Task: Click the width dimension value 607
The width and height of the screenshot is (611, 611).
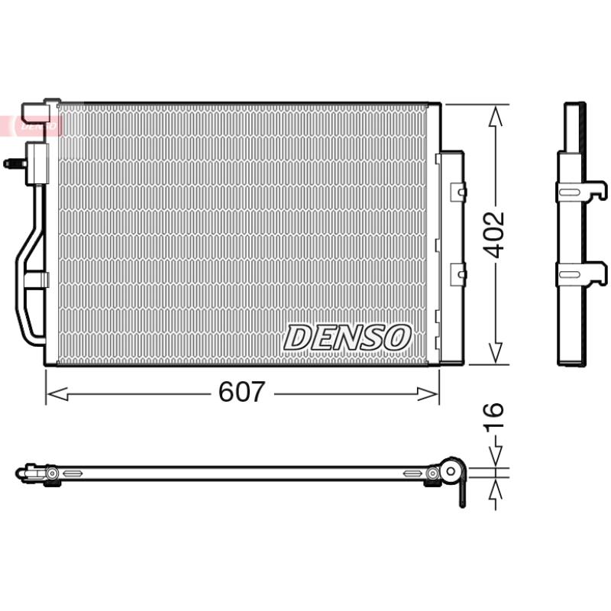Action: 241,391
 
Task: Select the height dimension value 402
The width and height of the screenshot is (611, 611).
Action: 494,235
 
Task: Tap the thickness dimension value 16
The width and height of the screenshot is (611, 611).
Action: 493,415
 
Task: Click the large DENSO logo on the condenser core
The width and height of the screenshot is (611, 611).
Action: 348,338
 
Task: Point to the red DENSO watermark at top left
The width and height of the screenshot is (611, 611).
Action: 31,125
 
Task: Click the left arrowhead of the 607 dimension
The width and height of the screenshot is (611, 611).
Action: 57,394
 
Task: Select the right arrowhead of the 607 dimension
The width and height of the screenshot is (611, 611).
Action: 428,394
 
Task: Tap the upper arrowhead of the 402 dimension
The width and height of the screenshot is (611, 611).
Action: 495,117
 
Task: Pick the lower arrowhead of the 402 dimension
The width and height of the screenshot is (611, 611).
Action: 495,353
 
